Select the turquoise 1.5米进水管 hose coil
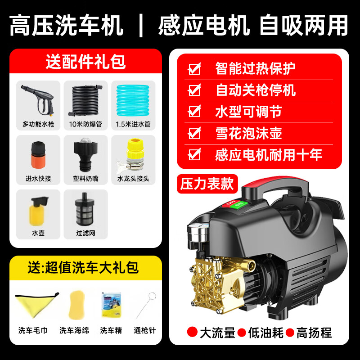(133, 99)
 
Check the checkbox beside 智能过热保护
(194, 69)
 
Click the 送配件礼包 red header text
(85, 61)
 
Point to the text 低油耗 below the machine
(266, 333)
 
